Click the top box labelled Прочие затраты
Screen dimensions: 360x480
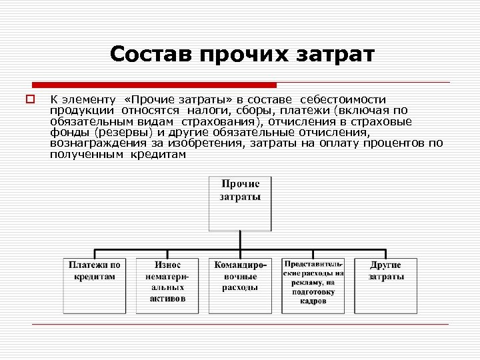[x=240, y=203]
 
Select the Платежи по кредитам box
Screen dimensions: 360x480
[x=95, y=285]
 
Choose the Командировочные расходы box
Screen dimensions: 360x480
[x=240, y=285]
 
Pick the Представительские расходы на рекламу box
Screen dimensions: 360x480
[x=313, y=285]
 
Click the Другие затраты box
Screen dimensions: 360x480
[x=385, y=285]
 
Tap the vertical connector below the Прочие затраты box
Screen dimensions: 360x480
[x=240, y=244]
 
